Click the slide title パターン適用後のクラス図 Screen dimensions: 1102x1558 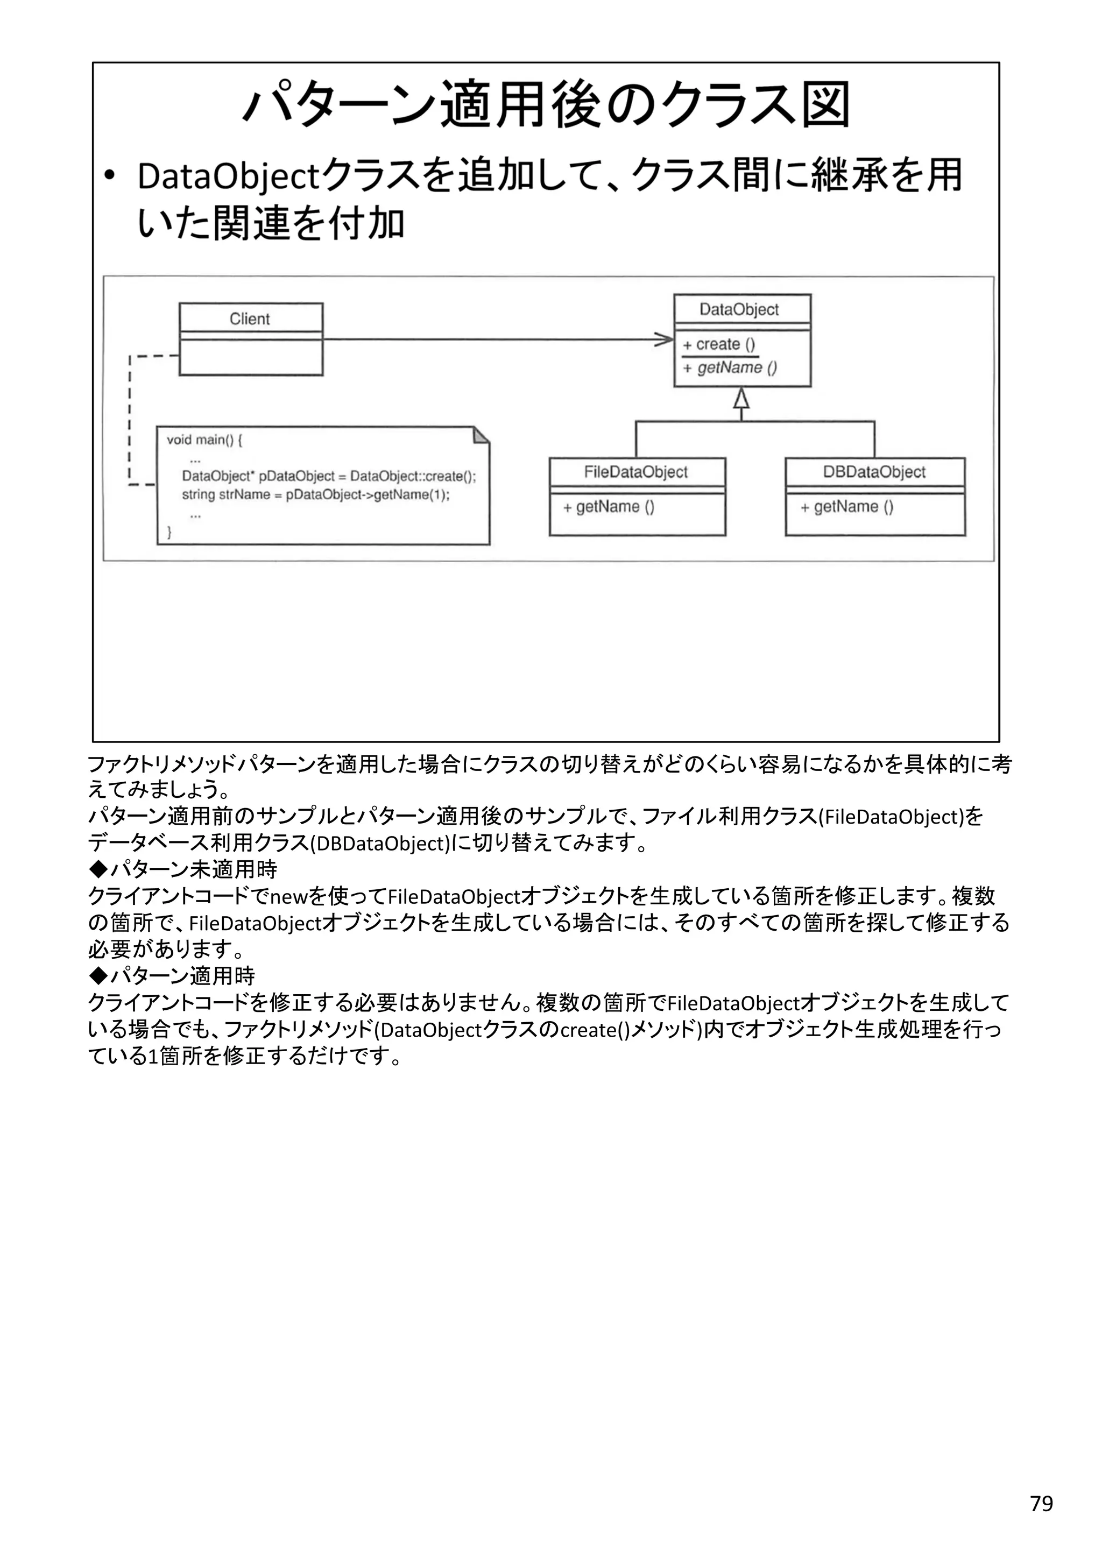[x=546, y=105]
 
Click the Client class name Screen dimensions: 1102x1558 [x=250, y=319]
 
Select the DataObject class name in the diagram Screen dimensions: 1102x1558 [x=739, y=309]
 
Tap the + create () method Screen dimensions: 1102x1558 [x=718, y=345]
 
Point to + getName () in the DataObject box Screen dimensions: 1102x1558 [x=730, y=368]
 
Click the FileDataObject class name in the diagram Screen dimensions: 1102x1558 [x=636, y=472]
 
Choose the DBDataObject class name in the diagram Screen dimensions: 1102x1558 [x=874, y=472]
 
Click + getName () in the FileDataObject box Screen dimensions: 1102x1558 [x=609, y=507]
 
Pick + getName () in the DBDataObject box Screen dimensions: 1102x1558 [x=847, y=507]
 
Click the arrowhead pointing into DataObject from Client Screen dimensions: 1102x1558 [x=665, y=339]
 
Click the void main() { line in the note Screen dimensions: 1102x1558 [x=204, y=440]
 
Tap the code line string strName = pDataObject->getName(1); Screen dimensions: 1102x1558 [x=315, y=495]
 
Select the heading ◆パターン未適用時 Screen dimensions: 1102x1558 [x=182, y=869]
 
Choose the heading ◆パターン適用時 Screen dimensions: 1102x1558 [x=172, y=976]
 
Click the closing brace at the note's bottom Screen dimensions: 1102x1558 [x=169, y=533]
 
